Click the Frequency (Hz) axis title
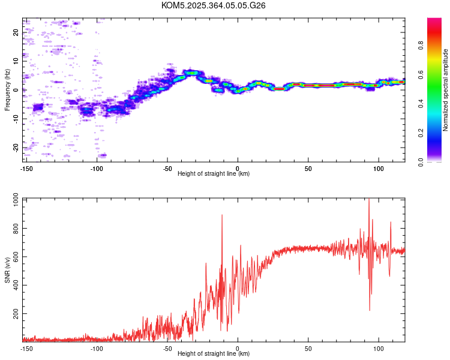point(7,90)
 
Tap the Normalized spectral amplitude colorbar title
point(446,90)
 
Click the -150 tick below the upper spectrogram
point(26,169)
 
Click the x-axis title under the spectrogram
point(214,174)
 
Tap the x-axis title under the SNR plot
point(214,353)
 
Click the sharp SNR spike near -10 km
point(222,215)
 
